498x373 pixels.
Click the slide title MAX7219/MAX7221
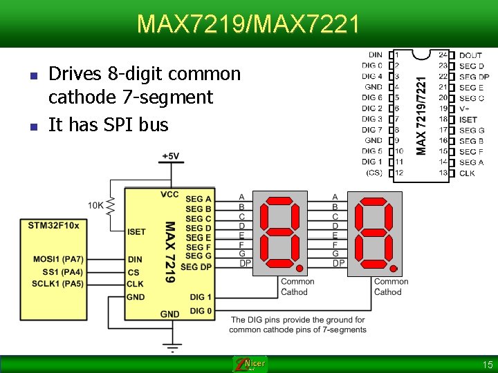(248, 24)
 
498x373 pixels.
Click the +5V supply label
(170, 157)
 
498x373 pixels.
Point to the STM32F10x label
(53, 225)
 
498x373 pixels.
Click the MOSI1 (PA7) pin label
(58, 260)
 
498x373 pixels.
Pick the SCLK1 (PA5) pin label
(58, 284)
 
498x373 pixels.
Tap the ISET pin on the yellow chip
(137, 232)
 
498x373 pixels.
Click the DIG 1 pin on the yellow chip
(201, 297)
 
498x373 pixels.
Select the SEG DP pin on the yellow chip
(196, 267)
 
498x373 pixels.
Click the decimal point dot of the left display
(299, 268)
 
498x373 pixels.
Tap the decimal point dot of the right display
(393, 268)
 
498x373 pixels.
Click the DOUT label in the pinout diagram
(470, 55)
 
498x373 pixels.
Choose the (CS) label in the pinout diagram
(373, 173)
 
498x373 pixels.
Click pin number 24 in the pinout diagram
(443, 55)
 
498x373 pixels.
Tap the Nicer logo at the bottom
(250, 364)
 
